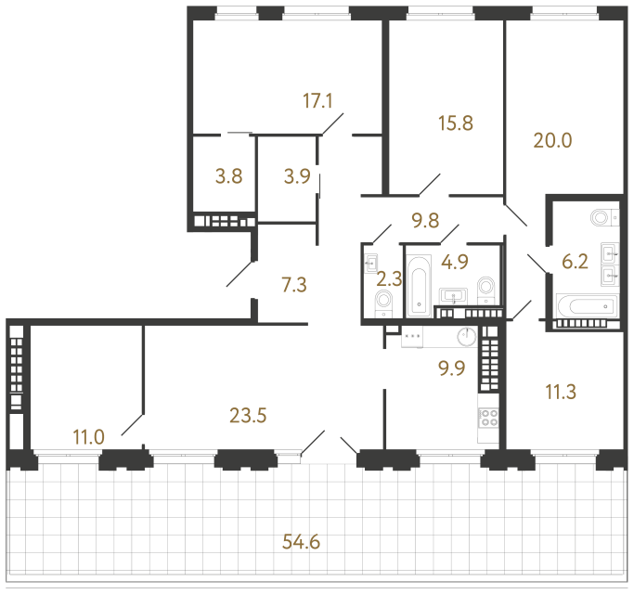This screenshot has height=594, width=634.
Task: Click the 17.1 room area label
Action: point(317,100)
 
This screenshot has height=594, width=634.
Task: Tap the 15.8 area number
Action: point(456,123)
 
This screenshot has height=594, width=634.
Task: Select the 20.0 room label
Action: point(552,141)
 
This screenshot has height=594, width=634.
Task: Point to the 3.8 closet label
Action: point(229,176)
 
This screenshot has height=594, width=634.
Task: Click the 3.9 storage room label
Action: point(297,176)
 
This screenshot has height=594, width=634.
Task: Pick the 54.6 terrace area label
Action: point(302,541)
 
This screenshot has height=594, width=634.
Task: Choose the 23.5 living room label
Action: point(248,415)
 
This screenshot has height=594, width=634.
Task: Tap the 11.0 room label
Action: point(88,437)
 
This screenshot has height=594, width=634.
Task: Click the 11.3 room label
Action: point(561,392)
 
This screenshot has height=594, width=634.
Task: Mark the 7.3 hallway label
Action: point(294,285)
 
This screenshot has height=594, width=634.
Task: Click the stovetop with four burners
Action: point(488,418)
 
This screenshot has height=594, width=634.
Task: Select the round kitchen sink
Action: point(468,336)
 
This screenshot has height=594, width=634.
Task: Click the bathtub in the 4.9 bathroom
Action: point(419,286)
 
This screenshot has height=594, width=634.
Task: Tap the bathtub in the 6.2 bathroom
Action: point(587,306)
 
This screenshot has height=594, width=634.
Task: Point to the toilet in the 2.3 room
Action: point(383,303)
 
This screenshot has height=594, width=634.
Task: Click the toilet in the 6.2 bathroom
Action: point(604,217)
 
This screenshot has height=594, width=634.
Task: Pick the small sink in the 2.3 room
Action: point(370,264)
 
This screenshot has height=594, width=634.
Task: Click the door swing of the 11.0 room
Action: point(132,424)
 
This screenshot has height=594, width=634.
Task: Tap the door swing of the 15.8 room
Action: point(430,185)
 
